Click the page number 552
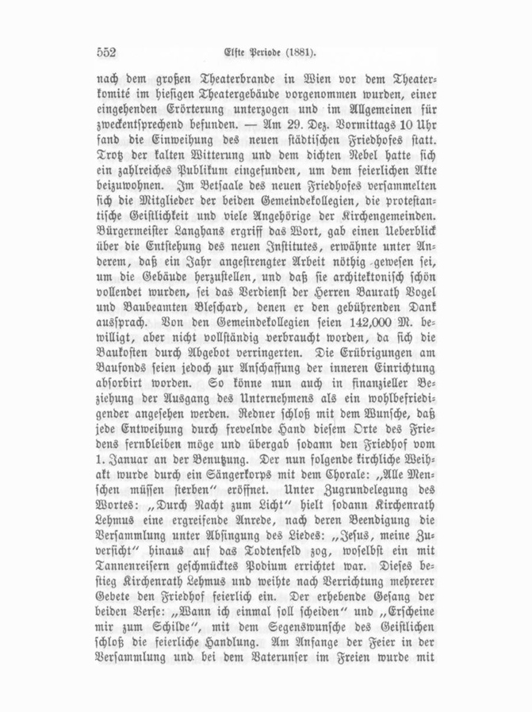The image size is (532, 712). coord(106,52)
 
